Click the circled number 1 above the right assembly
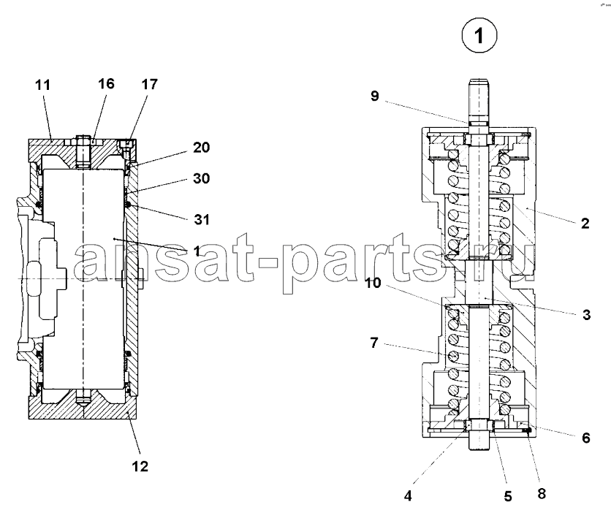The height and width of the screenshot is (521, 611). point(479,36)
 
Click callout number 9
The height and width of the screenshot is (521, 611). point(374,96)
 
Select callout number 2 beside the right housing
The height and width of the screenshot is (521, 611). point(585,224)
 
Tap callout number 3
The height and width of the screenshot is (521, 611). point(586,314)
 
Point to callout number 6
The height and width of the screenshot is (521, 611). point(586,438)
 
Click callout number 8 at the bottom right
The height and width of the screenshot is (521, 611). point(542,494)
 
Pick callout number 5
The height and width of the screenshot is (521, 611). point(508,496)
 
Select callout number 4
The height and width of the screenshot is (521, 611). point(408,495)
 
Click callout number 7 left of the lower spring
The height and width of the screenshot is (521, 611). point(374,343)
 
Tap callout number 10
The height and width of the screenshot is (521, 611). point(373,283)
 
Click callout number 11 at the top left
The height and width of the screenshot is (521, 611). point(43,85)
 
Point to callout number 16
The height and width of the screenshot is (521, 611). point(106,83)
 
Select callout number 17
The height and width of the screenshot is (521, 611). point(150,84)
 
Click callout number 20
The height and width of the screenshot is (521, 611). point(202,148)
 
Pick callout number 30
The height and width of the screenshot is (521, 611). point(202,178)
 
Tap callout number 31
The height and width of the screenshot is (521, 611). point(202,220)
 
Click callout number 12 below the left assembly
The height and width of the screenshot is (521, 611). point(140,466)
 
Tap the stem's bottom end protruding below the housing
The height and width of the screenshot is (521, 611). point(479,441)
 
